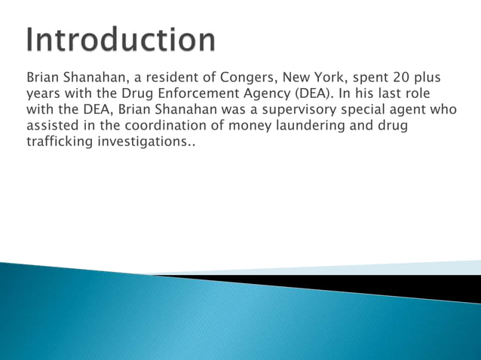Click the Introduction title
(121, 39)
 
